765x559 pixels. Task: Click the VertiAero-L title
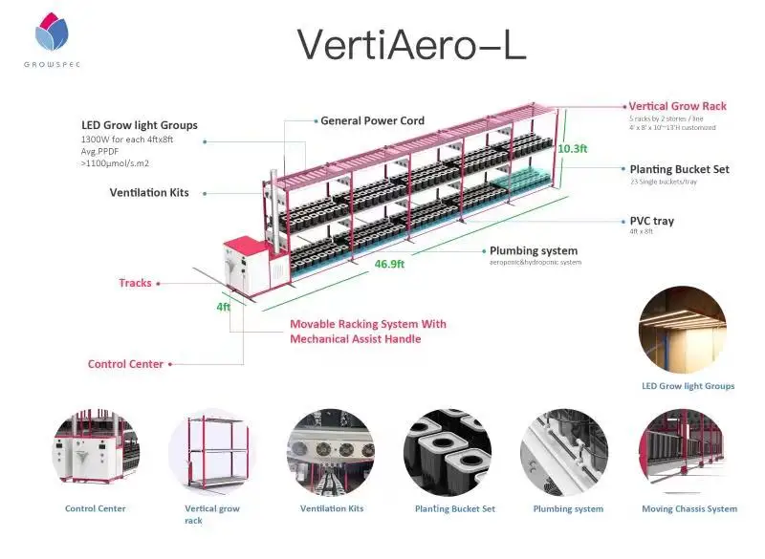pos(411,45)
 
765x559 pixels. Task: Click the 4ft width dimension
pos(223,307)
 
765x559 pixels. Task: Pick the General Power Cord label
pos(372,121)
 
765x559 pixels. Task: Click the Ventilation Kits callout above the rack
pos(149,192)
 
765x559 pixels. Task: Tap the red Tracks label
pos(135,283)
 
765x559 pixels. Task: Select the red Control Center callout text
pos(125,364)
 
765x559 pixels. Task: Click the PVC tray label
pos(651,221)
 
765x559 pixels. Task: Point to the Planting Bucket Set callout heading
pos(679,169)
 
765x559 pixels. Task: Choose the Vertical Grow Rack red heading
pos(677,106)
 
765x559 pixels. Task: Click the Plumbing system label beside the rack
pos(535,251)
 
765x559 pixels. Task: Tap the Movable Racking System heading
pos(368,324)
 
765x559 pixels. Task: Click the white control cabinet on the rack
pos(247,263)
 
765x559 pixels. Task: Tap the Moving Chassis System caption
pos(688,509)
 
